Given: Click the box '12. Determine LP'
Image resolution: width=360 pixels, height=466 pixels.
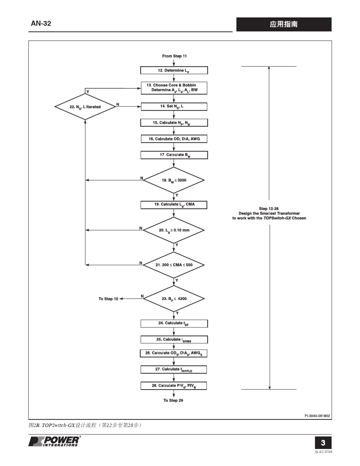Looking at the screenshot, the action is point(174,70).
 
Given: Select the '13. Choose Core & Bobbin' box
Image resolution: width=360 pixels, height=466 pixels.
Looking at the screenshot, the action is point(174,88).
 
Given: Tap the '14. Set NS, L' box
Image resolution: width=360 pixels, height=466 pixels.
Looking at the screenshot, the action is point(174,106).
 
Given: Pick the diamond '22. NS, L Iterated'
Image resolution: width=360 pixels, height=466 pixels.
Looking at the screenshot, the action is point(85,106).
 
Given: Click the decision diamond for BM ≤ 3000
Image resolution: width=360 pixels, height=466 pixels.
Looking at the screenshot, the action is point(174,180).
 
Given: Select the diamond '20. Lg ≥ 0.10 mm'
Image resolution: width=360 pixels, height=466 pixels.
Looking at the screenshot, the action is point(174,230).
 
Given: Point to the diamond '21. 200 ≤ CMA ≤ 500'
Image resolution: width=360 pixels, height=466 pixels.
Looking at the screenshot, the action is point(174,265).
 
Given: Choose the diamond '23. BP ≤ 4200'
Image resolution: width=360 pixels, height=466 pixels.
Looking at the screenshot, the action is point(174,299).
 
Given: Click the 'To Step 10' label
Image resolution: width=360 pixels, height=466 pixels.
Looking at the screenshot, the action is point(108,299).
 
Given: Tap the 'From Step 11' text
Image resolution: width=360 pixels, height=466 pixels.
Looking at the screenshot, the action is point(174,56).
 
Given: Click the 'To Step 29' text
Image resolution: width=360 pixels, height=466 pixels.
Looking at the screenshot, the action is point(173,400).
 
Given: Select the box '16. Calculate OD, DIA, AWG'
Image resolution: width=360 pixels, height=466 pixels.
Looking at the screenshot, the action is point(174,139).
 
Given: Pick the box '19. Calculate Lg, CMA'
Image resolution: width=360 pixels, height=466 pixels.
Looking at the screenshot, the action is point(174,205).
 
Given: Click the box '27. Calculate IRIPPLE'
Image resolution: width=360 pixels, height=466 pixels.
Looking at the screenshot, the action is point(174,369).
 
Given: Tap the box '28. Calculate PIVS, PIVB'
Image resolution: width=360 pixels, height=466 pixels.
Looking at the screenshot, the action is point(174,386).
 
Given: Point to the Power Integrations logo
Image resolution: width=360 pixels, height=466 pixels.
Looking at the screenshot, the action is point(55,441).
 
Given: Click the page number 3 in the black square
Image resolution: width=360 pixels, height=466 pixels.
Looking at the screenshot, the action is point(323,443).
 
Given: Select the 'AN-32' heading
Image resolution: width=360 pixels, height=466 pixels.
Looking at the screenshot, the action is point(41,23).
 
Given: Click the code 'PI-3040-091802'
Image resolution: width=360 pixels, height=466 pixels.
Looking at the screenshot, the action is point(317,416).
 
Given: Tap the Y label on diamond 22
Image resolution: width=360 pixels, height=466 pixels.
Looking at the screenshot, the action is point(88,92).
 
